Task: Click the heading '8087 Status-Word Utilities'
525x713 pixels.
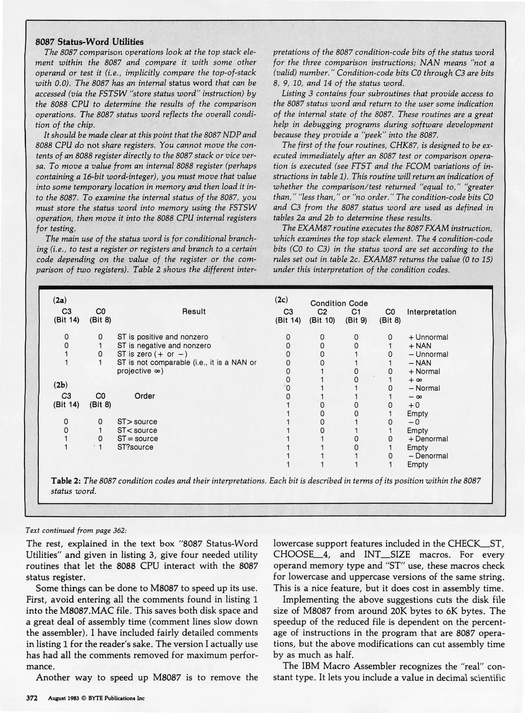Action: (89, 42)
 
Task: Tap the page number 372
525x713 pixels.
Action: (32, 698)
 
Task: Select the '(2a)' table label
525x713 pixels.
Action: (60, 300)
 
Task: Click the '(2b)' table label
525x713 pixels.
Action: (60, 385)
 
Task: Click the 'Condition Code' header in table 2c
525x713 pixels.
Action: (339, 303)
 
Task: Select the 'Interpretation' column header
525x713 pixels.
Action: (431, 312)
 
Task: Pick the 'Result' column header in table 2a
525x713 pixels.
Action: (194, 311)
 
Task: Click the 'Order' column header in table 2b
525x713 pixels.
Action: (145, 396)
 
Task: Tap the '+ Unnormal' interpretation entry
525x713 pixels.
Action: (428, 337)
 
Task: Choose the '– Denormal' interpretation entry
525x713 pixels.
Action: (428, 456)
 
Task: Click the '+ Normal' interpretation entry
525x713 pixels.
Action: (424, 371)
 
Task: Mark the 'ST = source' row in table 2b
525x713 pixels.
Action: (138, 439)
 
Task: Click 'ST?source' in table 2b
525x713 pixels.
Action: (135, 447)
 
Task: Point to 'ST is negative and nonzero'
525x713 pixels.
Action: (164, 346)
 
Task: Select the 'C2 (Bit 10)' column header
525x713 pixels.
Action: (322, 316)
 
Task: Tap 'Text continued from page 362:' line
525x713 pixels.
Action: (76, 530)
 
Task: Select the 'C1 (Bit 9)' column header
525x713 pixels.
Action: (356, 316)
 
